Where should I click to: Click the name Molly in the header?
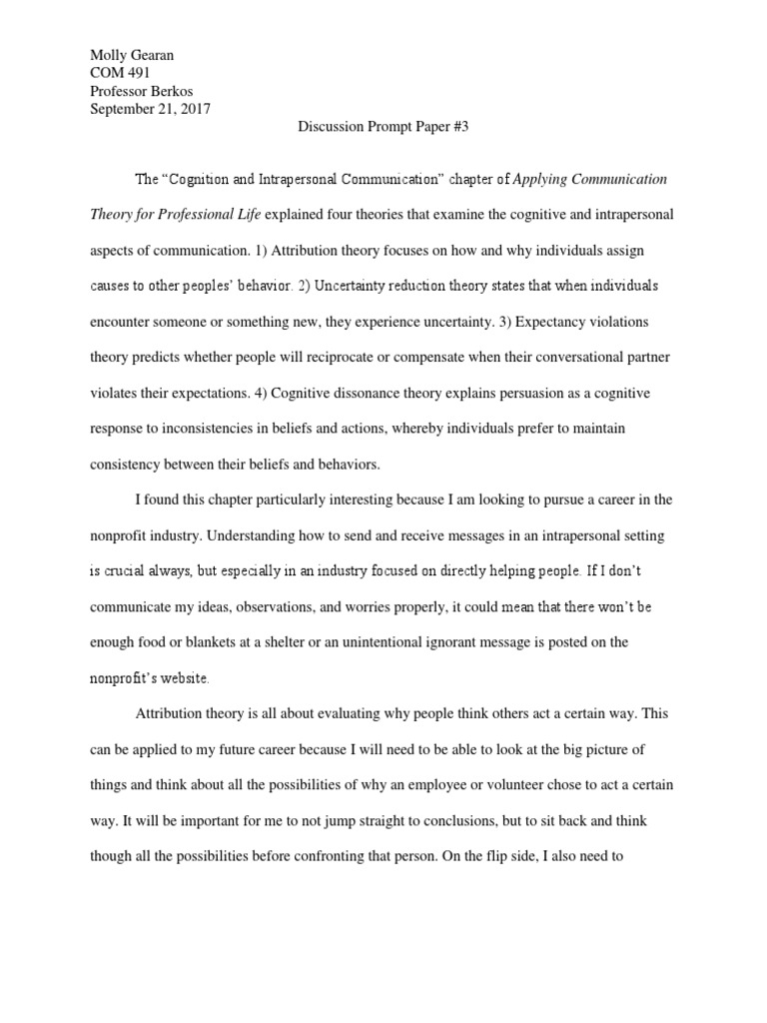110,56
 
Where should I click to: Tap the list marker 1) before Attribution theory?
254,251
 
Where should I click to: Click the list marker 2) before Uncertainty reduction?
303,287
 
